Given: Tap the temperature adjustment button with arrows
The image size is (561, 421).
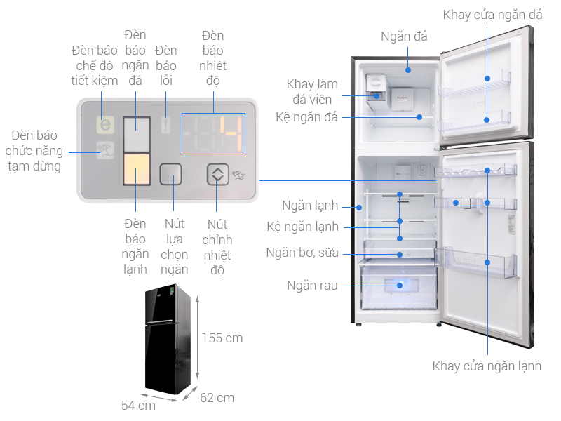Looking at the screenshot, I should [x=218, y=174].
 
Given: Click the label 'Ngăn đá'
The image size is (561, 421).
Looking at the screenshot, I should [x=404, y=36].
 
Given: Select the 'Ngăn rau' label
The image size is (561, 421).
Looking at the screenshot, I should [x=313, y=286].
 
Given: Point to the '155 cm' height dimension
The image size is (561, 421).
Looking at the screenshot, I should [x=222, y=338].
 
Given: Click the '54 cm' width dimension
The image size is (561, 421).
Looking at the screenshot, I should [x=138, y=405].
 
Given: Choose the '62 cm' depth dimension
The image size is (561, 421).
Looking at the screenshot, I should [x=217, y=398].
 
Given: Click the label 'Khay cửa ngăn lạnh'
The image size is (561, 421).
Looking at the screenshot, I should [x=487, y=366].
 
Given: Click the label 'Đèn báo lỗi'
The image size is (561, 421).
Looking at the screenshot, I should [x=166, y=65].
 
